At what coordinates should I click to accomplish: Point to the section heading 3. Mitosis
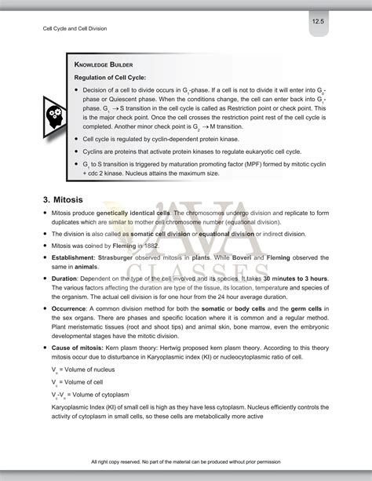(69, 199)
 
